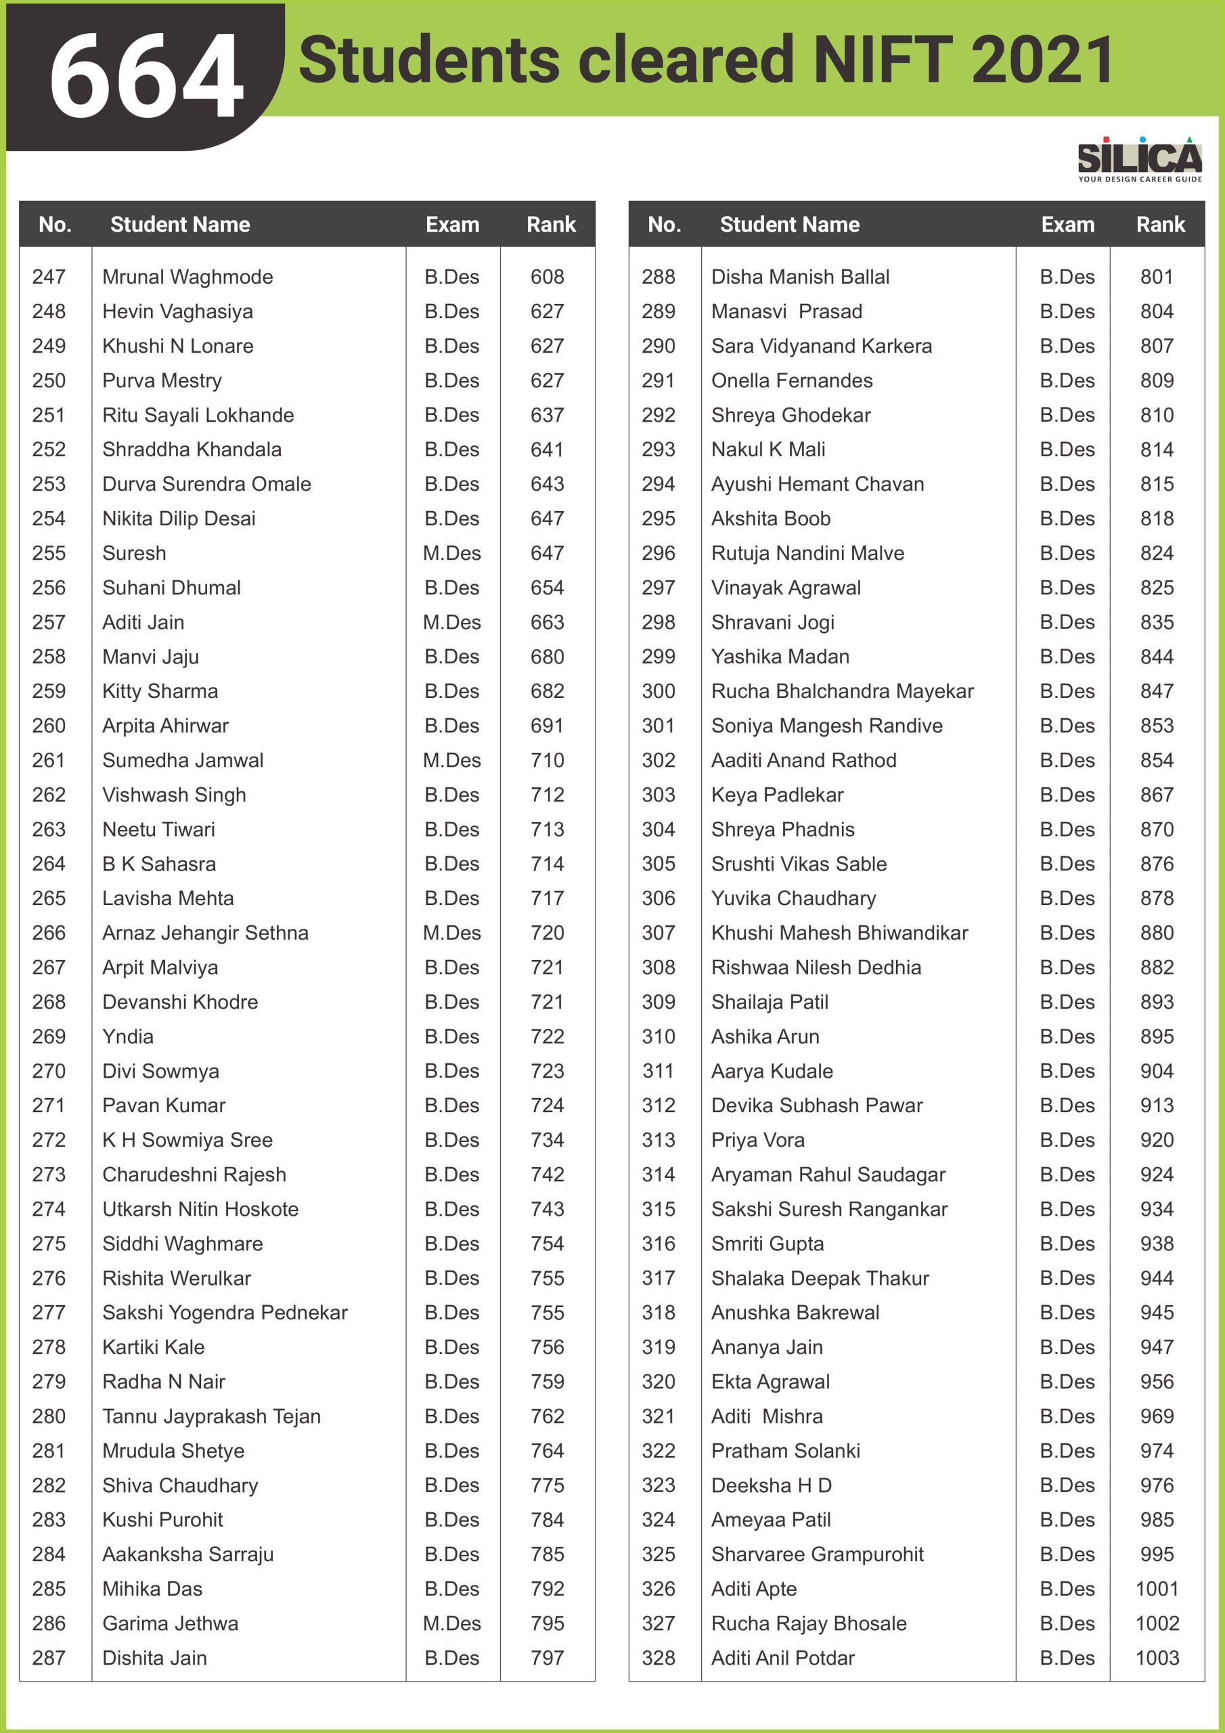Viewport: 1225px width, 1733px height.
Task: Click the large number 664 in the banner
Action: [146, 75]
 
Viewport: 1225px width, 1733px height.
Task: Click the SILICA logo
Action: [1139, 158]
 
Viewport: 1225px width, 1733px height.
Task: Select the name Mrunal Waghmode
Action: [187, 277]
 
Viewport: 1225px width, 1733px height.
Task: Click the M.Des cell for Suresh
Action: [451, 553]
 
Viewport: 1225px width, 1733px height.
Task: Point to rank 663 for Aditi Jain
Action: [548, 622]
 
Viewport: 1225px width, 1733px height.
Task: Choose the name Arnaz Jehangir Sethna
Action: [205, 933]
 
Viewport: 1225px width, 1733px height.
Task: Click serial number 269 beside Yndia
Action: [49, 1036]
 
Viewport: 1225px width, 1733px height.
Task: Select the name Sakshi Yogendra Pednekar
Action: [225, 1313]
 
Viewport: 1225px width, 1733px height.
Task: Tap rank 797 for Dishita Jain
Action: [548, 1659]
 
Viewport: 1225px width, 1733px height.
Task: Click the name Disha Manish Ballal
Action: [800, 277]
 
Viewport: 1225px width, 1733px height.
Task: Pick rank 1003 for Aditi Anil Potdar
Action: [1157, 1659]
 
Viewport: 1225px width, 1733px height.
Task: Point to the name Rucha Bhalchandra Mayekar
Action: [843, 691]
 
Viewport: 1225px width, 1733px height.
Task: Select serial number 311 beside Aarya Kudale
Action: [658, 1071]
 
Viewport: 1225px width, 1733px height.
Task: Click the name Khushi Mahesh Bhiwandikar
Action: [839, 933]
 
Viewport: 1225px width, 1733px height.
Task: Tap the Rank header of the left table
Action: [551, 224]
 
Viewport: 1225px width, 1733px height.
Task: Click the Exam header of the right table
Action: [1067, 224]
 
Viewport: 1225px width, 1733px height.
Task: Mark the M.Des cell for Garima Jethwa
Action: [451, 1623]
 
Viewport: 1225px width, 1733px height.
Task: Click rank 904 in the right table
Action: [1157, 1071]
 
